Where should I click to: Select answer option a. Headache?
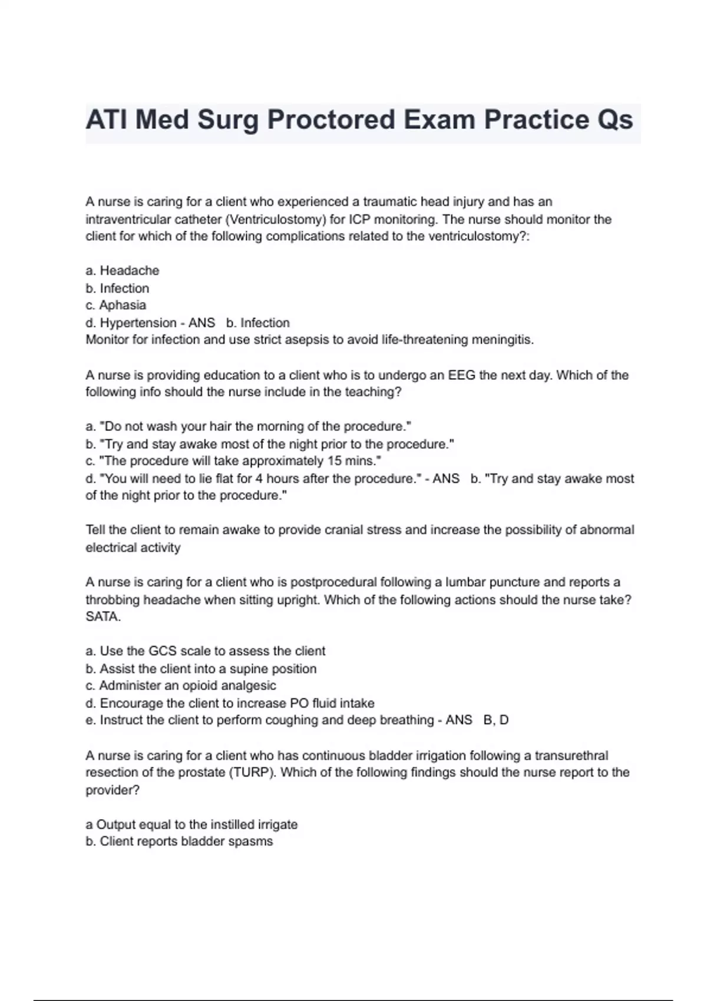[x=123, y=271]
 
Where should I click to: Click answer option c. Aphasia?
[x=116, y=305]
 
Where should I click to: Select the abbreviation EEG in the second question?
[x=461, y=375]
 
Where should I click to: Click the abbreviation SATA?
[x=103, y=617]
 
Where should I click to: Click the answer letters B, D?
[x=495, y=720]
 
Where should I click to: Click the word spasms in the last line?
[x=253, y=841]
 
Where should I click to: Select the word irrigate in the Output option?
[x=276, y=824]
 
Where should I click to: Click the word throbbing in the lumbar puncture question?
[x=113, y=600]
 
